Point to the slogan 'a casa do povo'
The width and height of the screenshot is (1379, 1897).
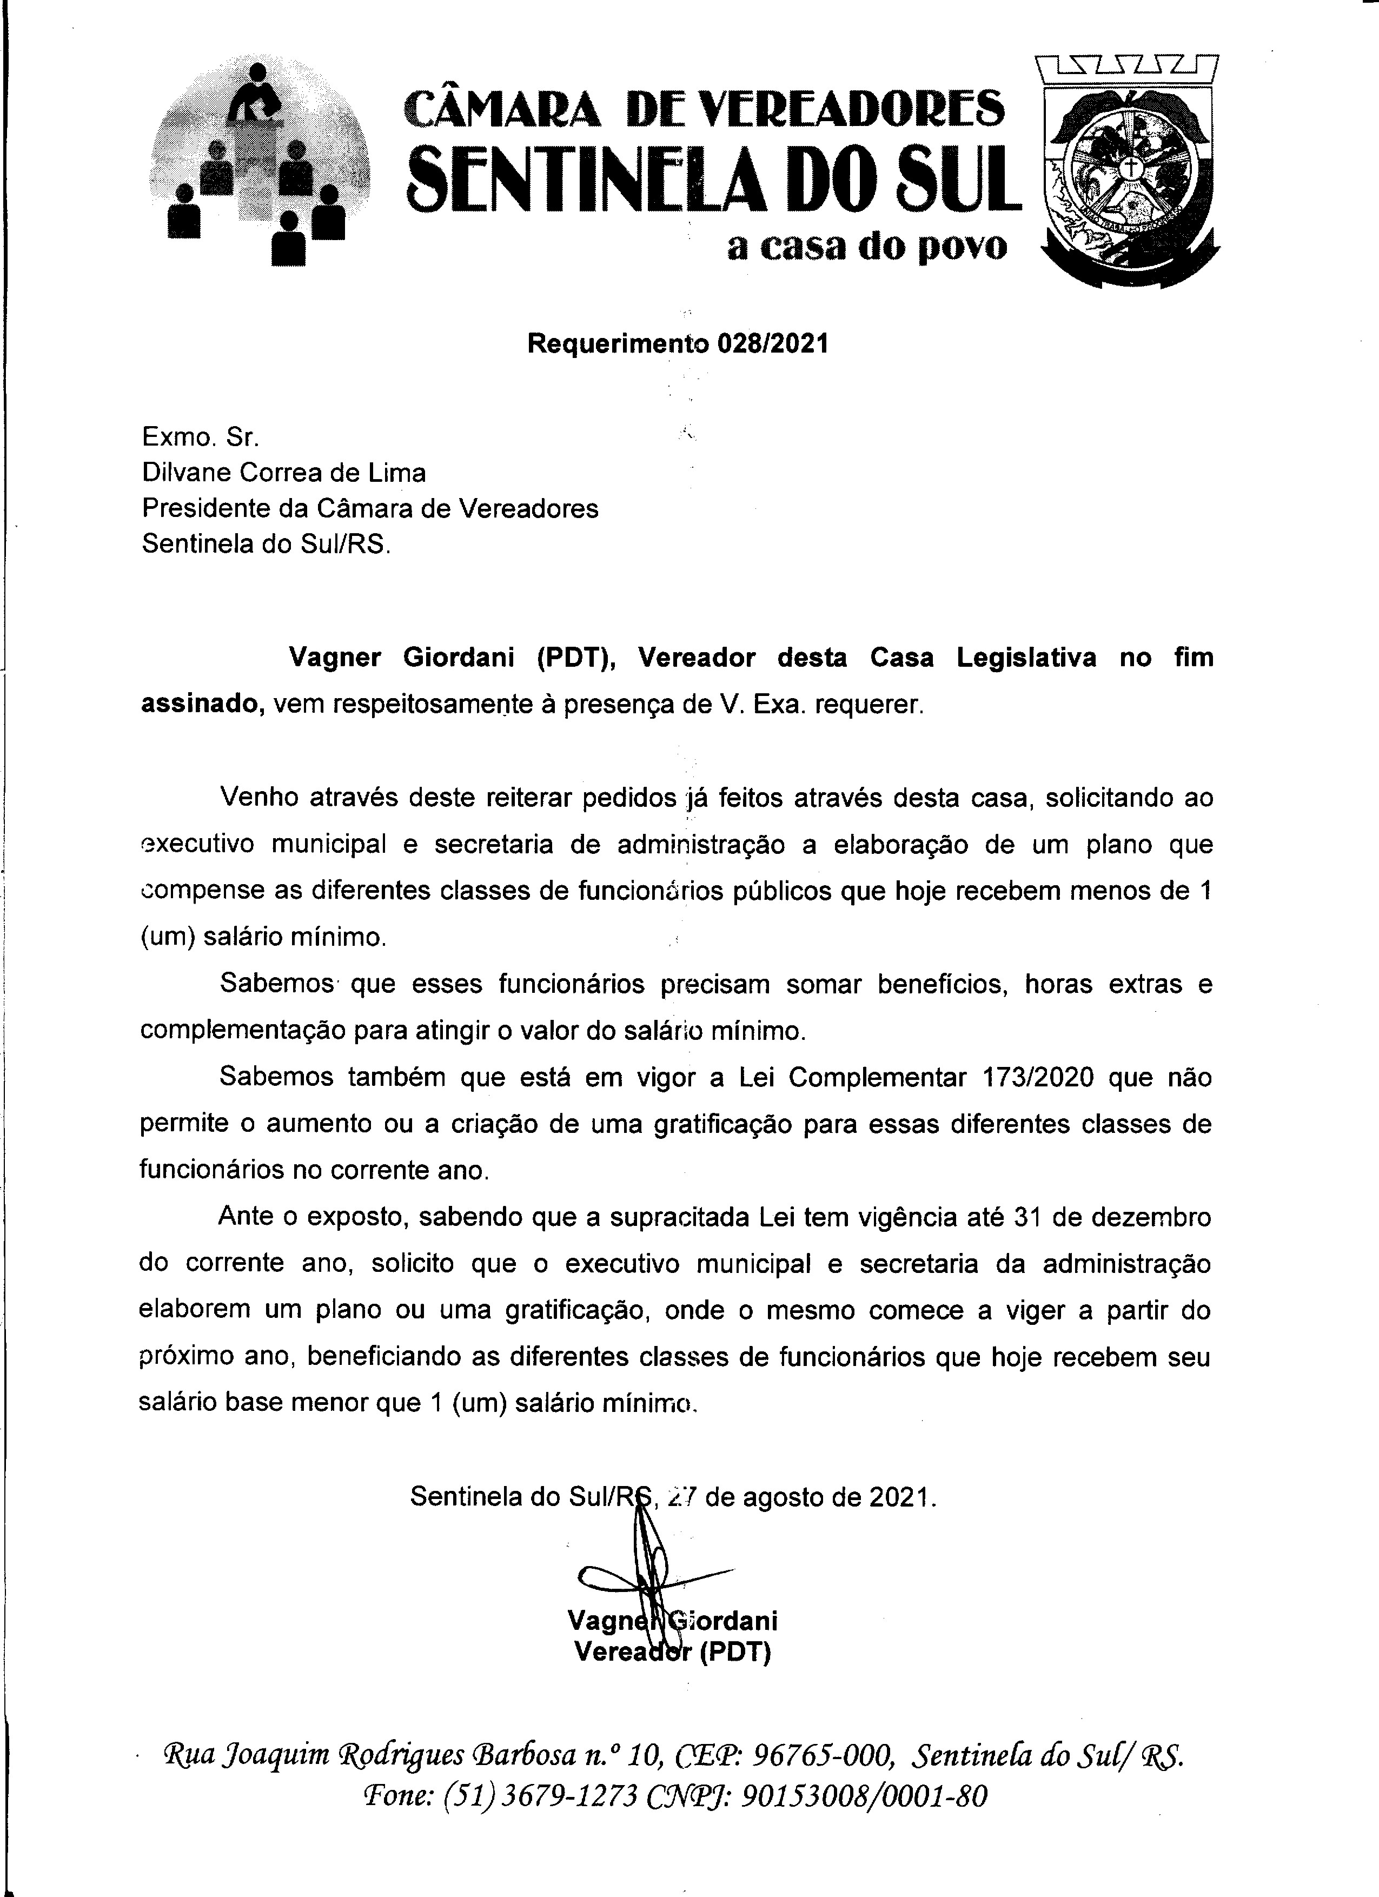tap(867, 247)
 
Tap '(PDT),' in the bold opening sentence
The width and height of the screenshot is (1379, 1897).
tap(575, 658)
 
